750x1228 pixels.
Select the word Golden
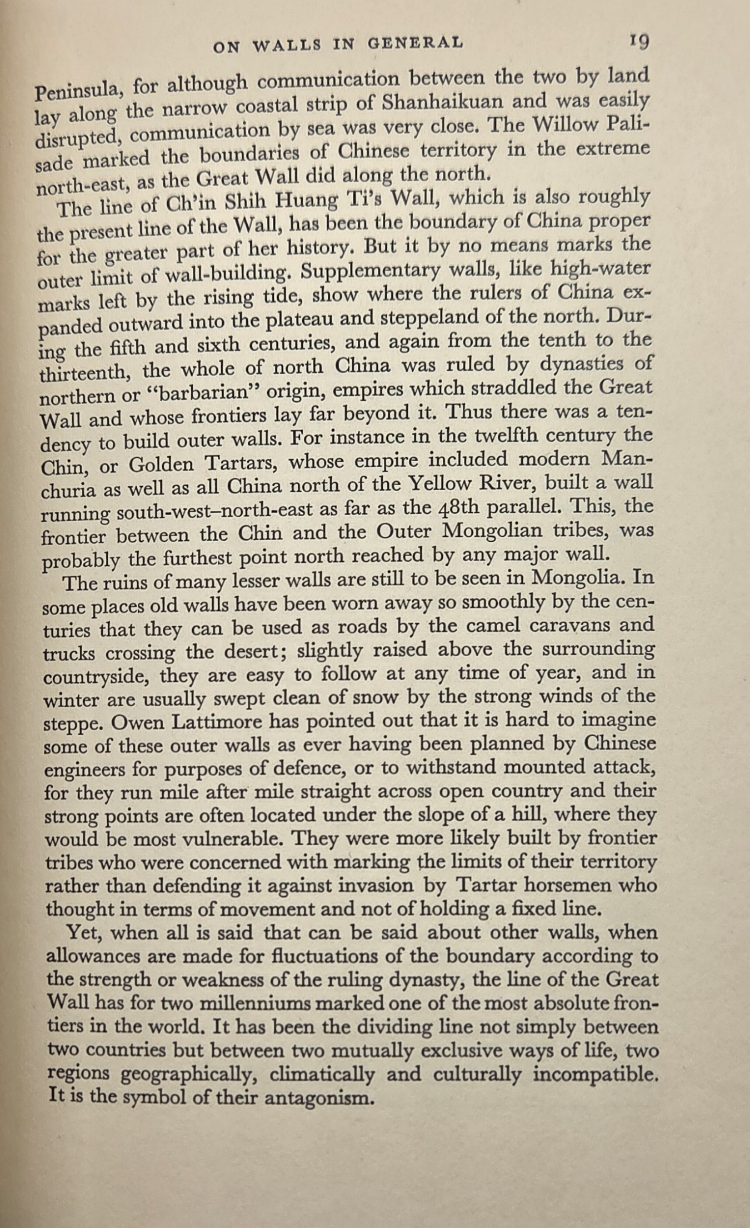[x=161, y=464]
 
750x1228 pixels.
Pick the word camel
[x=496, y=626]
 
